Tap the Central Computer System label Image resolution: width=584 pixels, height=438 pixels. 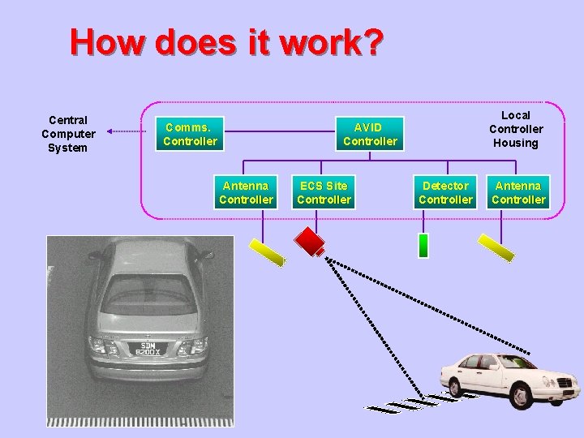[x=68, y=134]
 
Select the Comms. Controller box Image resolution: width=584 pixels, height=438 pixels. [x=190, y=134]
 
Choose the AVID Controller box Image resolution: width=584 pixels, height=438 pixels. [x=370, y=134]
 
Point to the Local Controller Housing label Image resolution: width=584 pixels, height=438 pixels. [x=516, y=129]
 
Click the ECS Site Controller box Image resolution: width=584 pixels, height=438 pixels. [x=324, y=192]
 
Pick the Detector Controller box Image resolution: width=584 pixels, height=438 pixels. [x=445, y=192]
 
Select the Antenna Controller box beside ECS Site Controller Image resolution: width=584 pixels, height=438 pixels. [x=246, y=192]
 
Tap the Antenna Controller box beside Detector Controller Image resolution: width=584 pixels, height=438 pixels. [x=518, y=192]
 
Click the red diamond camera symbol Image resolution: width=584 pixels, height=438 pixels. [x=309, y=240]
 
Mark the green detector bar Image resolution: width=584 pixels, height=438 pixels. [x=423, y=245]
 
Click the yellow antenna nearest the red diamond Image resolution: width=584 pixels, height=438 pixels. [x=267, y=251]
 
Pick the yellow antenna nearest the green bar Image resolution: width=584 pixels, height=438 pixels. [x=496, y=247]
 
